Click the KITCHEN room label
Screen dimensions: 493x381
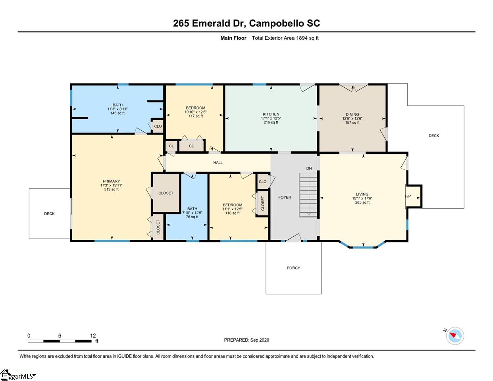[271, 114]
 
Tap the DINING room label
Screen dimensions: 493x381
[352, 115]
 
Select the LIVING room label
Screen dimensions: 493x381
[362, 194]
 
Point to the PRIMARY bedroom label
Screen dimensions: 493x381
[111, 181]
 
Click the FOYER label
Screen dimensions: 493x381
[285, 198]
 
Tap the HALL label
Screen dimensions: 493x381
[218, 163]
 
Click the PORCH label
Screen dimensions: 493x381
[293, 268]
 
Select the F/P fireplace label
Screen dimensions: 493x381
[408, 196]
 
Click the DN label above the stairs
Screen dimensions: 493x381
[309, 169]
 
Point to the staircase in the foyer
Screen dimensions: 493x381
[308, 195]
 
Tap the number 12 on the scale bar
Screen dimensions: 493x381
[93, 336]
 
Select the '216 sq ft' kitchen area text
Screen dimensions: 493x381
[271, 123]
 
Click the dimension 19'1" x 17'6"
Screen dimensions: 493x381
[362, 198]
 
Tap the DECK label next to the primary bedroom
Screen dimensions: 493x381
[49, 214]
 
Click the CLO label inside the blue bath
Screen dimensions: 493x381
[158, 126]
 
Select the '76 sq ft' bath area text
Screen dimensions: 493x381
[192, 217]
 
